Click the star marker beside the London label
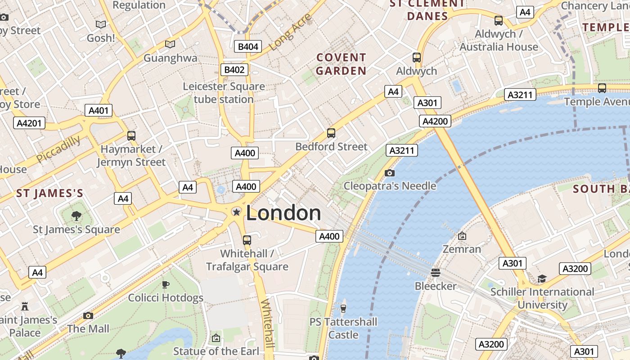(236, 212)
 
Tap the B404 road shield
(248, 46)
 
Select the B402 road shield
(234, 69)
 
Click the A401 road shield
(99, 110)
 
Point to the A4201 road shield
(29, 123)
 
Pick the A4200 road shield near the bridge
(435, 121)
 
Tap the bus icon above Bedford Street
(331, 133)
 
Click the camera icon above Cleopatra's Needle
(390, 173)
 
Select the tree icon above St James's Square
(76, 216)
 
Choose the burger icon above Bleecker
(435, 272)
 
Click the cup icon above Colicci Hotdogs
(166, 284)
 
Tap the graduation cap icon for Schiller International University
(542, 279)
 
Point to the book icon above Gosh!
(101, 24)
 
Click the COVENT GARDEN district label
(341, 64)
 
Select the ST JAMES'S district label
(49, 193)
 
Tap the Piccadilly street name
(58, 149)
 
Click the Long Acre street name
(291, 32)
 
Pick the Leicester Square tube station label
(224, 93)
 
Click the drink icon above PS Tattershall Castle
(343, 308)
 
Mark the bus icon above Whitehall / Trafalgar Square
(247, 240)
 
